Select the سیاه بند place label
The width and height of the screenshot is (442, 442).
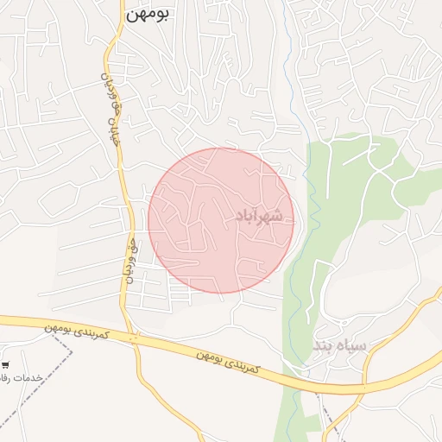pyautogui.click(x=339, y=345)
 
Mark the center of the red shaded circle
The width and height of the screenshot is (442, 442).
pyautogui.click(x=221, y=220)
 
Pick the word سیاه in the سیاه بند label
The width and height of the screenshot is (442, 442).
pyautogui.click(x=353, y=345)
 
